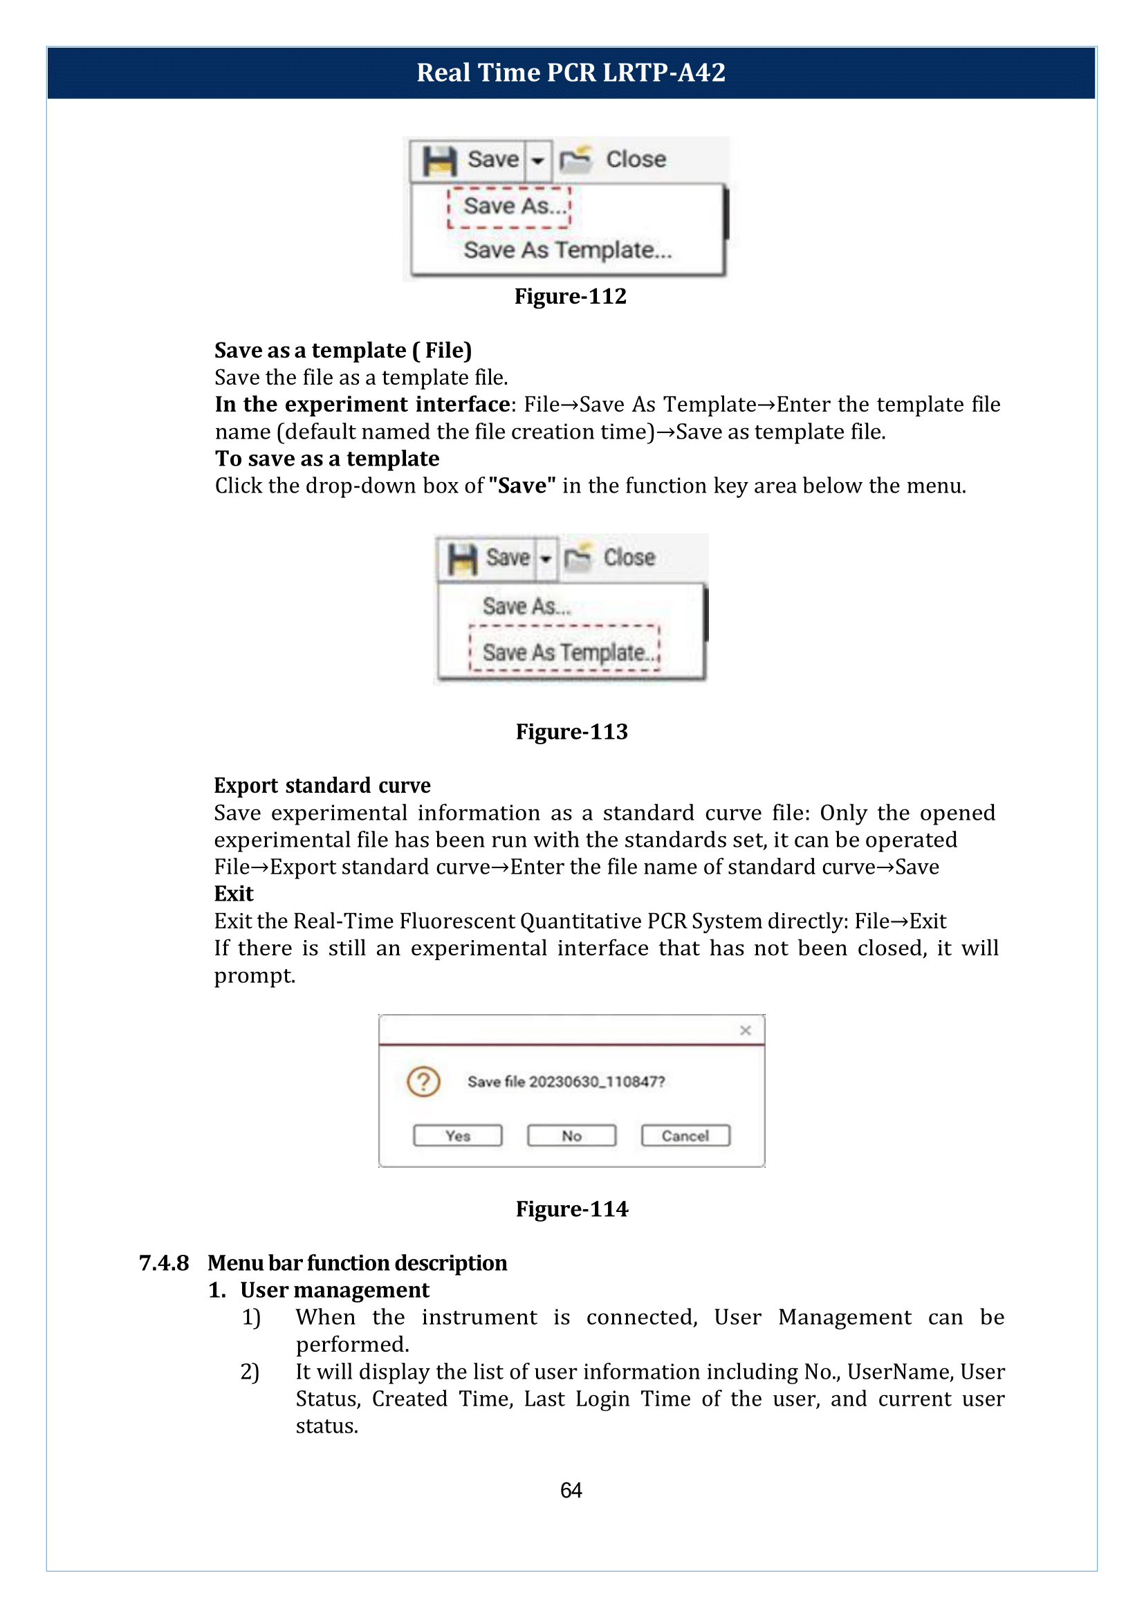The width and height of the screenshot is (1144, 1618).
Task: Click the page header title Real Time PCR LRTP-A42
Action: click(571, 73)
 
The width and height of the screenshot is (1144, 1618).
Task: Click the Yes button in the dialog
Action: click(457, 1135)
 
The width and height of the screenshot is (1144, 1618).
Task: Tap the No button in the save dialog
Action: click(571, 1135)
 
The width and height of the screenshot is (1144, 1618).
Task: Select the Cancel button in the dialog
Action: click(685, 1135)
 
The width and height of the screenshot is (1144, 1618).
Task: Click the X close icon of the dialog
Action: click(746, 1030)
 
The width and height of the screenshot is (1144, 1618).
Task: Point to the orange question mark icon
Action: click(423, 1082)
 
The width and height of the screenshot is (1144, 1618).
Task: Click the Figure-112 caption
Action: click(570, 296)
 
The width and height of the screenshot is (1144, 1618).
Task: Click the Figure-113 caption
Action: click(571, 731)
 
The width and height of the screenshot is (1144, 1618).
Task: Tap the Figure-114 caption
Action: click(571, 1208)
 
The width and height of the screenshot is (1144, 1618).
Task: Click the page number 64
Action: click(571, 1490)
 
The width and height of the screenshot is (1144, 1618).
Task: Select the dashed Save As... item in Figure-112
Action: click(509, 206)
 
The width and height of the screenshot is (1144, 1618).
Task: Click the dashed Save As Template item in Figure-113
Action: click(564, 651)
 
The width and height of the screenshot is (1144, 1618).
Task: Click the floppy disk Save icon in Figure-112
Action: click(439, 160)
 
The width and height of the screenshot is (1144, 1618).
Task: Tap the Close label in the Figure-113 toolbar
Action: click(628, 558)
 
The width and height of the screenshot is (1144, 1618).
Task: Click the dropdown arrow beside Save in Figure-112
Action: click(537, 160)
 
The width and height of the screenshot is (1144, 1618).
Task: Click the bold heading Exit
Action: click(233, 894)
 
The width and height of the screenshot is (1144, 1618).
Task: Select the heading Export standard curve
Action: click(322, 785)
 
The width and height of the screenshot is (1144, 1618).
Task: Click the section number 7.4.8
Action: click(163, 1263)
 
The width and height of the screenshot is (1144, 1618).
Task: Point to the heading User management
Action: click(334, 1289)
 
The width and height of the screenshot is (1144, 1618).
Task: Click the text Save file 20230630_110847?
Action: click(566, 1082)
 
